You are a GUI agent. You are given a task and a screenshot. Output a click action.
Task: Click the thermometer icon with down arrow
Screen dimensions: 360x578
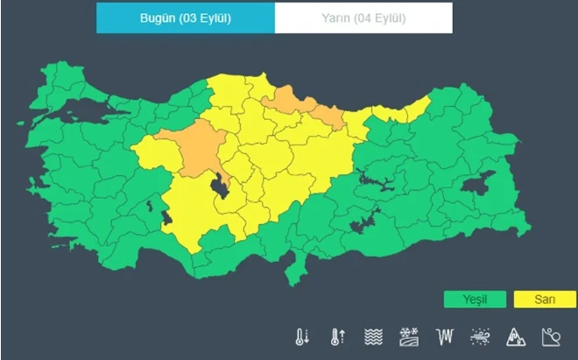tap(303, 335)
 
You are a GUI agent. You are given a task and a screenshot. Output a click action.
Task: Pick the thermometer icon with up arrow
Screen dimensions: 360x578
tap(335, 335)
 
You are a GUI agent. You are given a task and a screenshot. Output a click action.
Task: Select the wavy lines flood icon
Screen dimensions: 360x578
tap(373, 335)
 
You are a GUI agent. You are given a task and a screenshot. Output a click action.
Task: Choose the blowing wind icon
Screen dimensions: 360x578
tap(481, 335)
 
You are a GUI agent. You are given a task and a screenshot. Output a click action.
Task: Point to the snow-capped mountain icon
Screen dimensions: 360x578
tap(515, 335)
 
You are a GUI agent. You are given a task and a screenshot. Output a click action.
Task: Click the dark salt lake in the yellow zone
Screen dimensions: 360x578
tap(220, 185)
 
